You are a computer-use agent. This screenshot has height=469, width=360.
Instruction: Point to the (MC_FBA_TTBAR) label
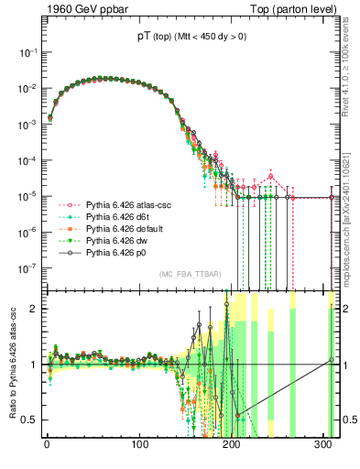pyautogui.click(x=188, y=274)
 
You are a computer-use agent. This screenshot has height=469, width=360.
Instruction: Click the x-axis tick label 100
pyautogui.click(x=139, y=446)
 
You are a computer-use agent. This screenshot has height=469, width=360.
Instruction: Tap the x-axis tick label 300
pyautogui.click(x=324, y=446)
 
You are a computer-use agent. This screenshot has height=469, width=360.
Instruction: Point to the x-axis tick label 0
pyautogui.click(x=47, y=446)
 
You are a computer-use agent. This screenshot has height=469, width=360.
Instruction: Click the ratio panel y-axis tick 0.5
pyautogui.click(x=31, y=420)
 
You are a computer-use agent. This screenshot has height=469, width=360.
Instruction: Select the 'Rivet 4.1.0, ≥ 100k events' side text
pyautogui.click(x=350, y=73)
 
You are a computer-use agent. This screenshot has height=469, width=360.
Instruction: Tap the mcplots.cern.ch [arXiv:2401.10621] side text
pyautogui.click(x=350, y=211)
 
